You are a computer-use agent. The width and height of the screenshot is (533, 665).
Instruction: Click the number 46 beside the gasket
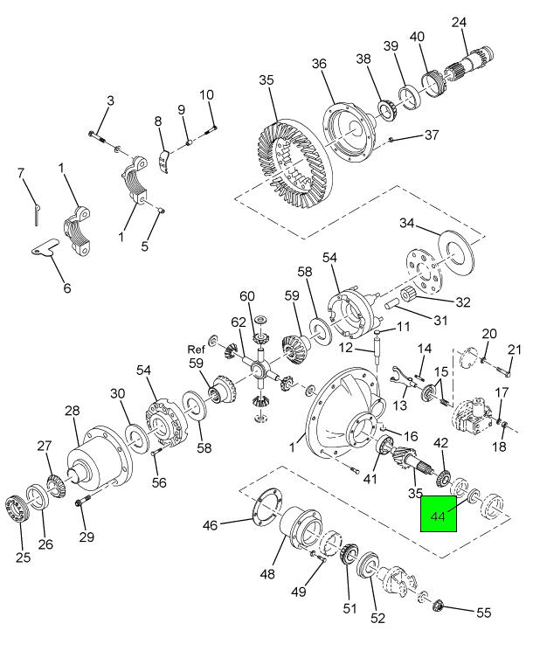[211, 526]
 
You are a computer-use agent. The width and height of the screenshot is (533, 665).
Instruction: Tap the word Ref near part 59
[195, 350]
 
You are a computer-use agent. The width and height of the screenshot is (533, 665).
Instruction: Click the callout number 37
[432, 135]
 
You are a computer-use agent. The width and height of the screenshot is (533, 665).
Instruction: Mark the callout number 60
[247, 295]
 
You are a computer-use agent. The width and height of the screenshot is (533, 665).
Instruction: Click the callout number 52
[377, 619]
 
